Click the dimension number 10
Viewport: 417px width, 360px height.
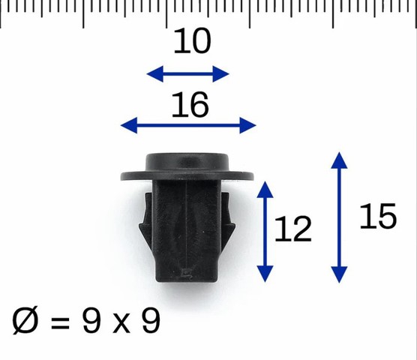192,40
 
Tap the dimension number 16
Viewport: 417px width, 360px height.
190,104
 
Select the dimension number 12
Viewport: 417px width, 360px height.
292,229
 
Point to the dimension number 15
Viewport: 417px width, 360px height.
378,216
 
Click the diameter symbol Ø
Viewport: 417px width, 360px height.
25,320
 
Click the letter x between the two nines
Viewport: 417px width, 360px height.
121,324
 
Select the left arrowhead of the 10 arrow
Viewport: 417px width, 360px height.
154,74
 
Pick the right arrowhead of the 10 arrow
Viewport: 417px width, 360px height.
221,74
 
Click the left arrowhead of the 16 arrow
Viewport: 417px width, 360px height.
129,125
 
